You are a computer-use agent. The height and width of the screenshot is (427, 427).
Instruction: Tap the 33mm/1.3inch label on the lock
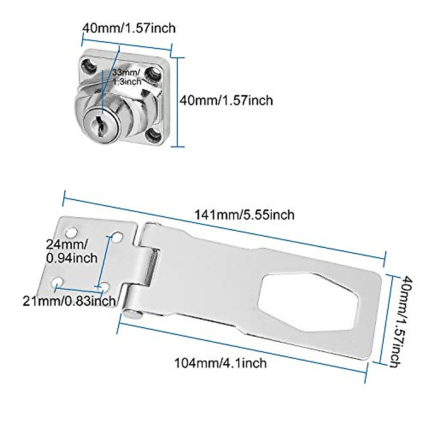pyautogui.click(x=127, y=77)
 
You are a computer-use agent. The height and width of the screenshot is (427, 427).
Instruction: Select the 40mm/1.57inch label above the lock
pyautogui.click(x=129, y=28)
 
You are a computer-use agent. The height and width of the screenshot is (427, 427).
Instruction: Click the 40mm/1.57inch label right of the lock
pyautogui.click(x=226, y=100)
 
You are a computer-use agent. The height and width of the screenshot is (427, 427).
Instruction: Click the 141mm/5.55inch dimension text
pyautogui.click(x=244, y=215)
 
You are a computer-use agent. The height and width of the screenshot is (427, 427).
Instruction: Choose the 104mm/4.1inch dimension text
pyautogui.click(x=220, y=363)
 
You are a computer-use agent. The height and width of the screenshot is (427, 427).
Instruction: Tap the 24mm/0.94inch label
pyautogui.click(x=72, y=251)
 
